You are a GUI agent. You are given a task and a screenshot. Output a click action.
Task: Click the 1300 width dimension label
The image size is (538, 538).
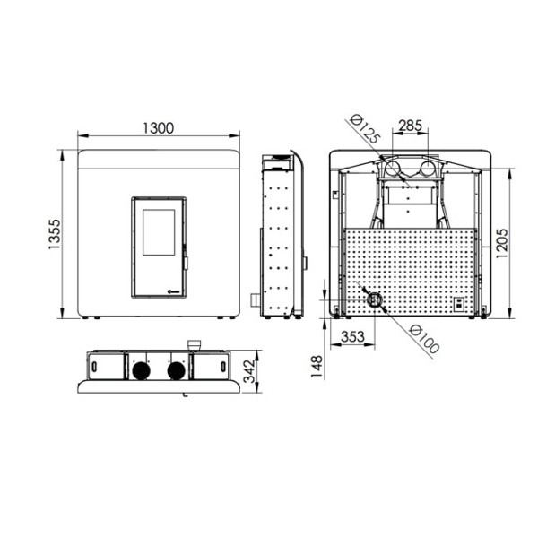tap(158, 128)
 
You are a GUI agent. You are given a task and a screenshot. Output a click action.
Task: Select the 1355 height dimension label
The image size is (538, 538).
tap(54, 234)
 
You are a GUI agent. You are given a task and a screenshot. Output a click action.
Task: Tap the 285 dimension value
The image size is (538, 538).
tap(410, 126)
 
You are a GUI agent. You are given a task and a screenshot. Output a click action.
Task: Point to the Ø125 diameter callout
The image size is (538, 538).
tap(365, 129)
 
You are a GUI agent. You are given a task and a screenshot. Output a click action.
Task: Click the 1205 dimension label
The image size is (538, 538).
tap(502, 243)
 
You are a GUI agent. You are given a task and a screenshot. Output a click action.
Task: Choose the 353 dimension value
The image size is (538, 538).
tap(352, 336)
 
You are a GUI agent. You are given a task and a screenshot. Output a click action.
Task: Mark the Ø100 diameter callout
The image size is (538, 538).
tap(424, 339)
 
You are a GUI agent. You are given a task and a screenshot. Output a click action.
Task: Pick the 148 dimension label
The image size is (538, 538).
tap(317, 367)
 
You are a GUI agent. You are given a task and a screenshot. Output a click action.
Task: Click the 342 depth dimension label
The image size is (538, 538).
tap(249, 371)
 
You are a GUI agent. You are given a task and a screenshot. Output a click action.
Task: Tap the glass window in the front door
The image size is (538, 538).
tap(159, 232)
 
